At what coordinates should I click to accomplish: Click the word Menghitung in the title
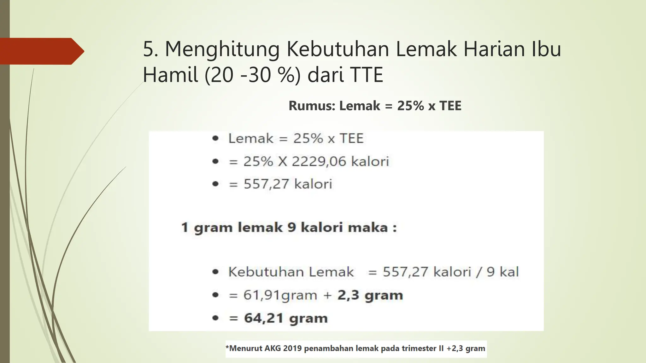(222, 49)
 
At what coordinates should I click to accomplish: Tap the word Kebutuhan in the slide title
(338, 49)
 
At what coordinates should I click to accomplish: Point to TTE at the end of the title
(366, 75)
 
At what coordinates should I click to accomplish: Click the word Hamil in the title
(170, 75)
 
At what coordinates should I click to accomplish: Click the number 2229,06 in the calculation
(319, 161)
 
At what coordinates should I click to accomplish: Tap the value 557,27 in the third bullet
(266, 184)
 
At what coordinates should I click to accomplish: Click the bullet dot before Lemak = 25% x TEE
(215, 138)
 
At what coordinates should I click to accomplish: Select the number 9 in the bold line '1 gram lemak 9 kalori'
(292, 228)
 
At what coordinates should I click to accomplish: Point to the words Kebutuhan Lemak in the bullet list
(291, 272)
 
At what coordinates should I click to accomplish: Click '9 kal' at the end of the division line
(502, 272)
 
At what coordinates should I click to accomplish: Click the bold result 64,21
(264, 318)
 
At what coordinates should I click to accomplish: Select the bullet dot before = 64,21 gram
(215, 318)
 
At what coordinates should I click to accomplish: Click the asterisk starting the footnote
(227, 347)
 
